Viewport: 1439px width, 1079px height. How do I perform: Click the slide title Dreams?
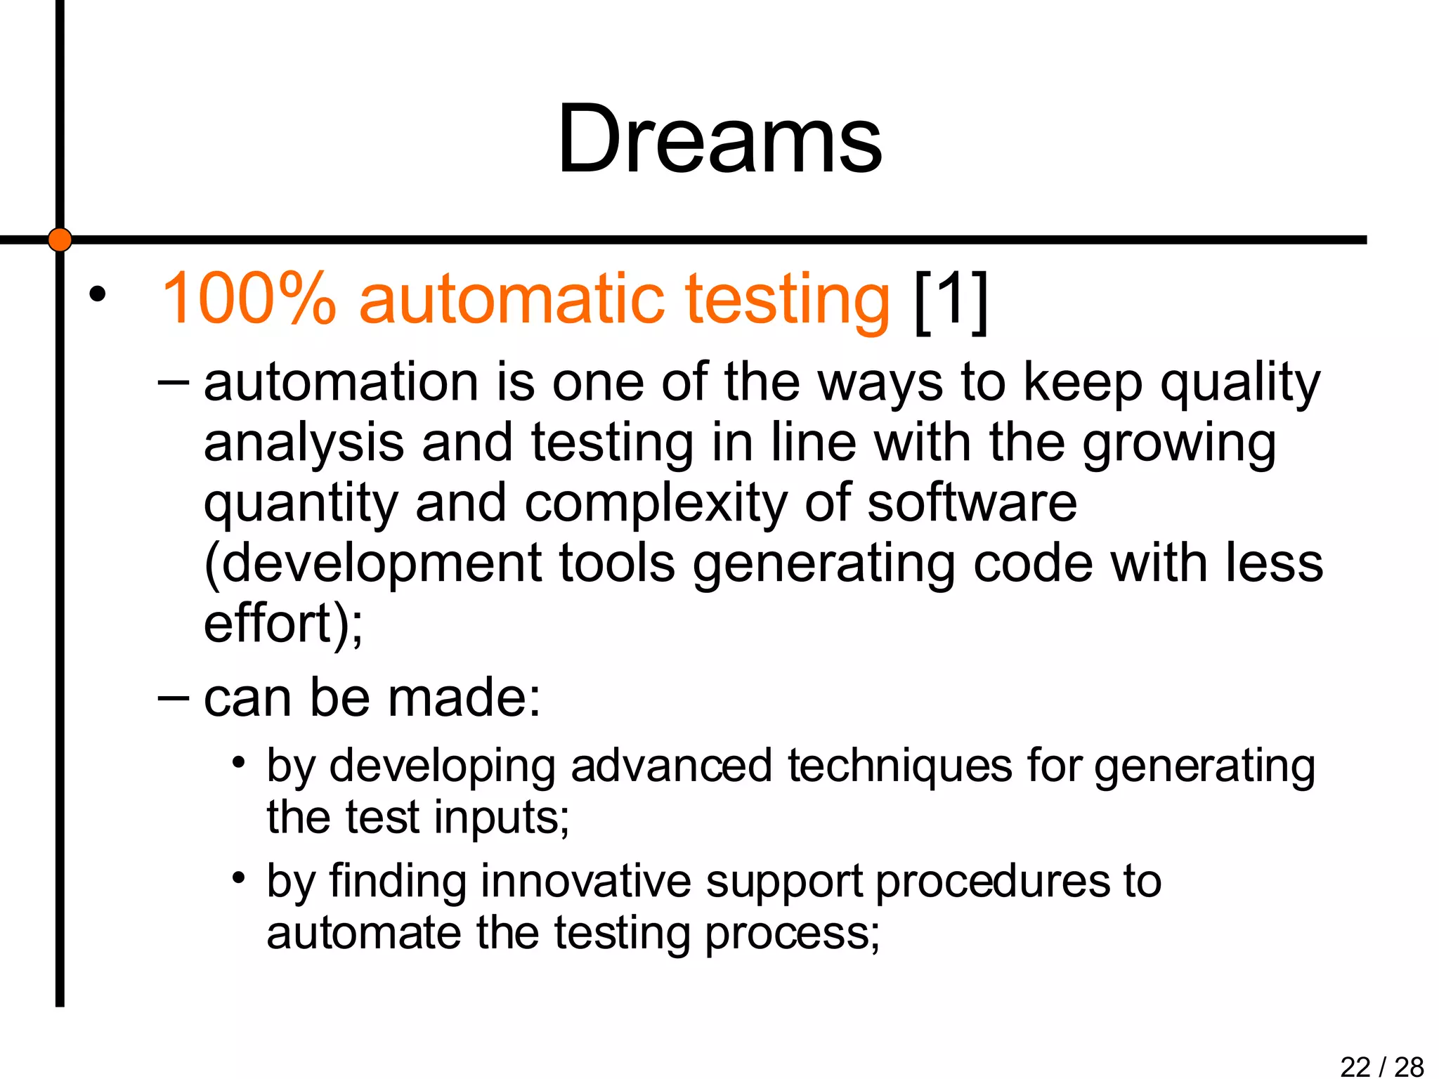tap(719, 138)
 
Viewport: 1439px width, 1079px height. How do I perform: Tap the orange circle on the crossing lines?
tap(60, 240)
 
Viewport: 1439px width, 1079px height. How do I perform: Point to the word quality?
tap(1240, 385)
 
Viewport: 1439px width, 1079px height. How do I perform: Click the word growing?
tap(1178, 445)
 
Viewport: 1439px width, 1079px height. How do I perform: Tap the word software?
tap(972, 503)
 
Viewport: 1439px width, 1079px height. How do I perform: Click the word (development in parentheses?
tap(372, 565)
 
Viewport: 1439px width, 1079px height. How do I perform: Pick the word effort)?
tap(283, 624)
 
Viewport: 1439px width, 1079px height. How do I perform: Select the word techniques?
tap(899, 766)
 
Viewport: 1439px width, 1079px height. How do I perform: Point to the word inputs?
tap(501, 818)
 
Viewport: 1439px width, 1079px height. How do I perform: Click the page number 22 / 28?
tap(1381, 1066)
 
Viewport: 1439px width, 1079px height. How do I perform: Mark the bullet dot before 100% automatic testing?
tap(97, 294)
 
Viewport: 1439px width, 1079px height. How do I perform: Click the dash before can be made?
tap(173, 698)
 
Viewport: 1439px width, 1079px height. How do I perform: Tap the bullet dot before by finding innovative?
tap(239, 877)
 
